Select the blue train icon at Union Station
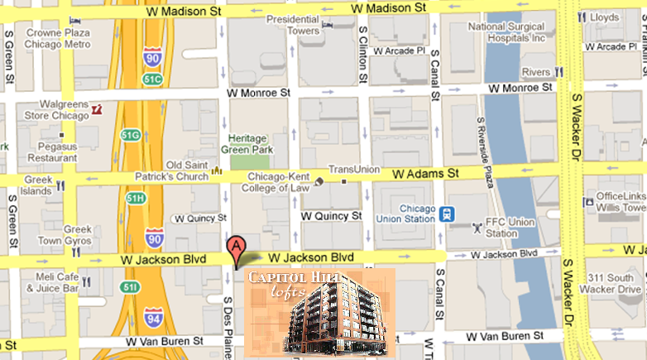click(447, 214)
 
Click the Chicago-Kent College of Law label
click(274, 182)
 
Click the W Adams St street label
click(424, 175)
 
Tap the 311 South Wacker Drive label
click(612, 283)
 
